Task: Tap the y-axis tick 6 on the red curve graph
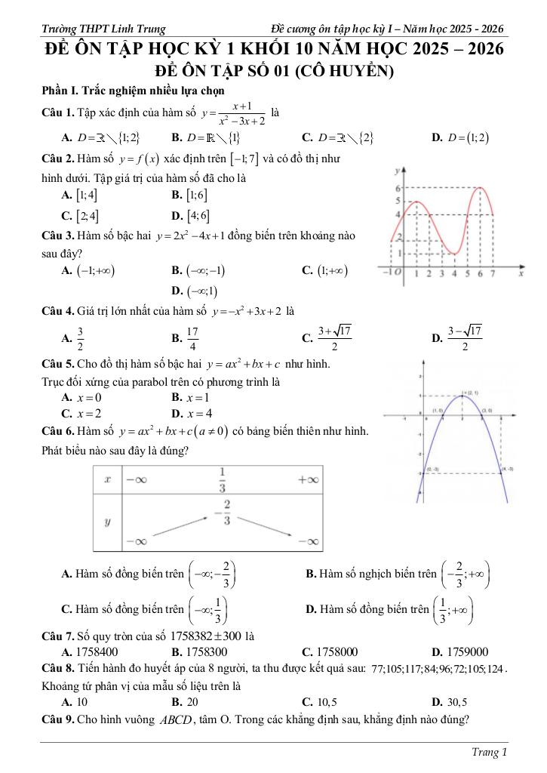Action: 398,186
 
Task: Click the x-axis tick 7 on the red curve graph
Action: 493,273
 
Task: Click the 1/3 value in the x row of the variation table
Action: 223,479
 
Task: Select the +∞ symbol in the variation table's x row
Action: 308,479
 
